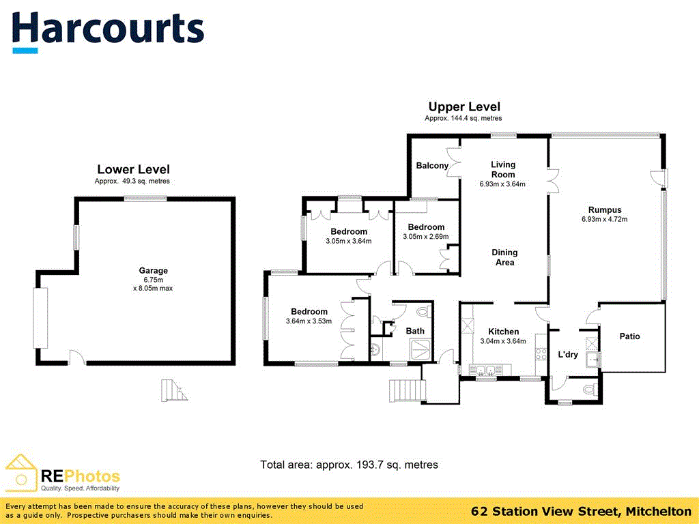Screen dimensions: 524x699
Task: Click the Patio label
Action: tap(629, 336)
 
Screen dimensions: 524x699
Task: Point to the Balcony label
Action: tap(432, 166)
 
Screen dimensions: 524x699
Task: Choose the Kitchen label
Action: tap(503, 332)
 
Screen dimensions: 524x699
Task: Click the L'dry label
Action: tap(568, 355)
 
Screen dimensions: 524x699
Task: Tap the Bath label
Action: tap(415, 331)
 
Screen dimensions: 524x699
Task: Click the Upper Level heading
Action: tap(464, 106)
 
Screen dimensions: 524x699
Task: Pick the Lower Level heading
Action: tap(133, 169)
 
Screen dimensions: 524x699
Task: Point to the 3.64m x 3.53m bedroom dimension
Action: tap(309, 321)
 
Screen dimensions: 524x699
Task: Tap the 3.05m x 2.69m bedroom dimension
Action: tap(426, 237)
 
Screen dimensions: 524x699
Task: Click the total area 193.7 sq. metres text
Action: tap(349, 465)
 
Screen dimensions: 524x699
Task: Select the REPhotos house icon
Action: tap(21, 471)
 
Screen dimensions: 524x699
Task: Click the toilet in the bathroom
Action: tap(421, 312)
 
